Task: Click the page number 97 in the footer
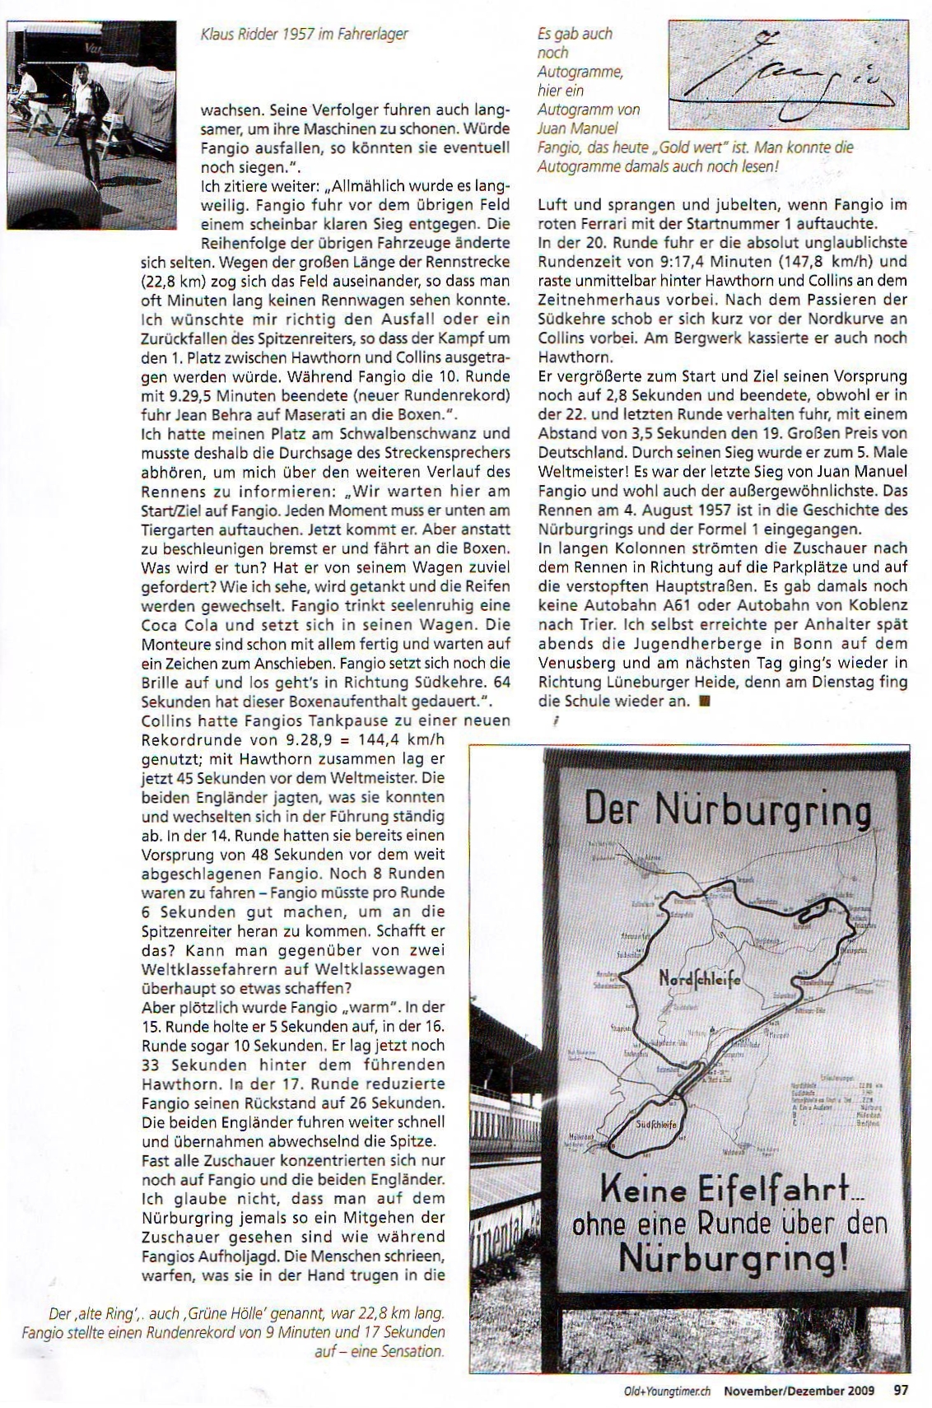click(901, 1390)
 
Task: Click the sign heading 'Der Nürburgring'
click(727, 811)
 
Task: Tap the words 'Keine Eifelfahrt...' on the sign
click(725, 1190)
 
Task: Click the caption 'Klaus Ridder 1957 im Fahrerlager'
click(305, 34)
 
